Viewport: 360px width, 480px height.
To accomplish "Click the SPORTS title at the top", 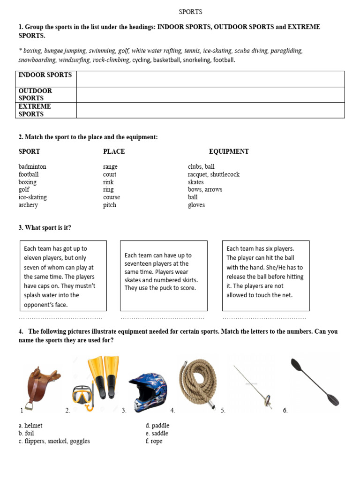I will (190, 12).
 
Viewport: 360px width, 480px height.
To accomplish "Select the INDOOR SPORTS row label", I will (45, 75).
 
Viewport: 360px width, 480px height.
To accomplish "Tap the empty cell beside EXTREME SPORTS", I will (210, 110).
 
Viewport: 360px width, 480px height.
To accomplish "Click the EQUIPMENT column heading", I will (229, 151).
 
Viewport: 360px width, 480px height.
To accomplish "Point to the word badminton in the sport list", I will (32, 166).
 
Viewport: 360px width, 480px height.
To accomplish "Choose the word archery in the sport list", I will (28, 205).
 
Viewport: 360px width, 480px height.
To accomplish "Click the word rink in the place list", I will (108, 182).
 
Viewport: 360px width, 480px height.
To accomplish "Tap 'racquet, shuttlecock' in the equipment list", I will (213, 174).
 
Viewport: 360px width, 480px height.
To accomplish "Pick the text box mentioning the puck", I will (164, 276).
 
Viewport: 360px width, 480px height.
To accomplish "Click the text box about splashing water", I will (63, 276).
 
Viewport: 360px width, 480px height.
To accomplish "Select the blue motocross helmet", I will (147, 391).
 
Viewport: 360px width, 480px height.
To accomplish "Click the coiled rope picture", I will (198, 381).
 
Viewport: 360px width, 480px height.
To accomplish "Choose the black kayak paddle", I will (314, 382).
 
